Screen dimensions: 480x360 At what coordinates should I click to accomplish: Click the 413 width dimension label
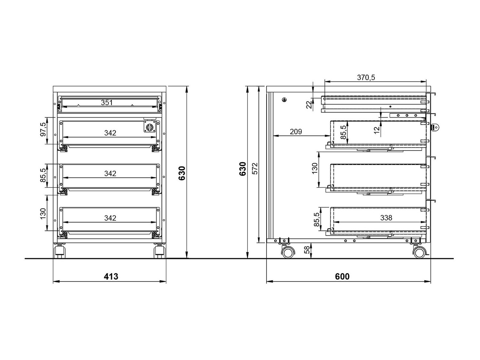pyautogui.click(x=111, y=277)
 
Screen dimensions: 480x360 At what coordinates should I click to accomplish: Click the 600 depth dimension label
pyautogui.click(x=342, y=277)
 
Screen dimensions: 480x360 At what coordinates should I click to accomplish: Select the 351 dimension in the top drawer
pyautogui.click(x=107, y=102)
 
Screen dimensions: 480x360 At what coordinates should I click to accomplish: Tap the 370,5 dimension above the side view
pyautogui.click(x=366, y=77)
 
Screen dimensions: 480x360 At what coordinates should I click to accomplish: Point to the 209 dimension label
pyautogui.click(x=296, y=132)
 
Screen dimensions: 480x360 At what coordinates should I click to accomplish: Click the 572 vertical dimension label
pyautogui.click(x=255, y=168)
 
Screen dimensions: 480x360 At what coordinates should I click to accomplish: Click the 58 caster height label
pyautogui.click(x=307, y=250)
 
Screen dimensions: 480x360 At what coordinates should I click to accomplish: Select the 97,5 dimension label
pyautogui.click(x=43, y=129)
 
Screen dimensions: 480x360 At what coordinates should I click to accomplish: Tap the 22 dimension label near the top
pyautogui.click(x=309, y=105)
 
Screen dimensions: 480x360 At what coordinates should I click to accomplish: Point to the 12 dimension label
pyautogui.click(x=377, y=130)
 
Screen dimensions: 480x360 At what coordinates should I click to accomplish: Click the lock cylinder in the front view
pyautogui.click(x=150, y=127)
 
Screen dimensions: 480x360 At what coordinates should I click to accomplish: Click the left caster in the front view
pyautogui.click(x=60, y=251)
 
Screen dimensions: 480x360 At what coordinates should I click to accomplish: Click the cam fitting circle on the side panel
pyautogui.click(x=284, y=100)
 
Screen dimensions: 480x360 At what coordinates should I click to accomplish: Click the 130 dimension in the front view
pyautogui.click(x=43, y=213)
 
